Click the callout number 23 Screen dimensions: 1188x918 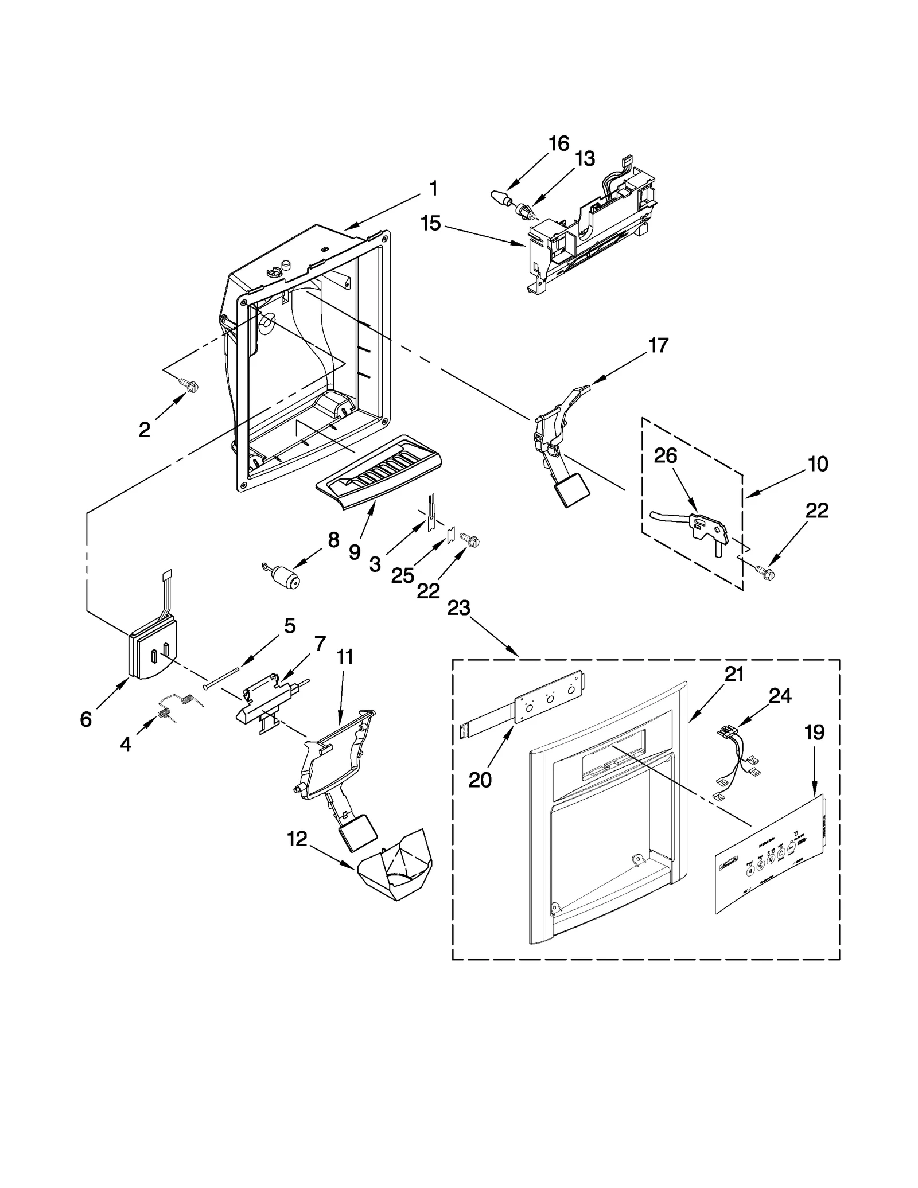click(458, 608)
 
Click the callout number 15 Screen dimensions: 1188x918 click(430, 223)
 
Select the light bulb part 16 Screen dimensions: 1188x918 click(500, 198)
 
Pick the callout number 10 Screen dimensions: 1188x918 click(818, 463)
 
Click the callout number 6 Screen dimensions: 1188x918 click(85, 719)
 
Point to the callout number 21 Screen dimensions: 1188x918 click(734, 675)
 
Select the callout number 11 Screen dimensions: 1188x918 click(344, 657)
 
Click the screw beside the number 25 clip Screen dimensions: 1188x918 click(469, 539)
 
